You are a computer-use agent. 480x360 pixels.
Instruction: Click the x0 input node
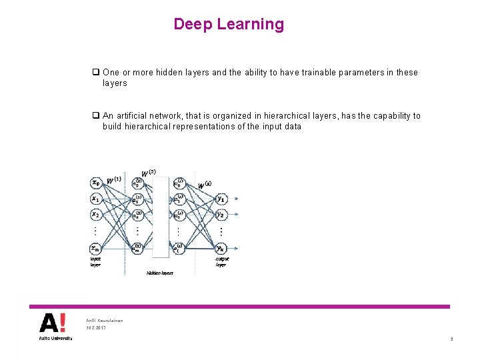96,182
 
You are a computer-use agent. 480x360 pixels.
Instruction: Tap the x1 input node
96,199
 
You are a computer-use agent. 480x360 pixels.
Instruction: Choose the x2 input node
96,215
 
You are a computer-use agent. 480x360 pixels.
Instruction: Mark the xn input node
96,249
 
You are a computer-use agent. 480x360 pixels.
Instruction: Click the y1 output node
221,199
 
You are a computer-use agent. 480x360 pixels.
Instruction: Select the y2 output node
221,215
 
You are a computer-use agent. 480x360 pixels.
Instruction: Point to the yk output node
221,249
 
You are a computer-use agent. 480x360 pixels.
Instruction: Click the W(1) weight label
114,181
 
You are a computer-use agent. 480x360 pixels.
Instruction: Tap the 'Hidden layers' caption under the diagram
159,273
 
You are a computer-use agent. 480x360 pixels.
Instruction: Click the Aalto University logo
53,327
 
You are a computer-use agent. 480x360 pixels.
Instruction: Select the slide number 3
451,339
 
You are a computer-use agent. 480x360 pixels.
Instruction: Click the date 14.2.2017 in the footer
96,328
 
